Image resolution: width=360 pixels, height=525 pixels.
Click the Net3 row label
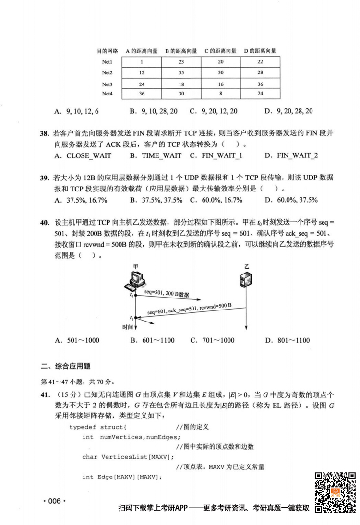pyautogui.click(x=107, y=84)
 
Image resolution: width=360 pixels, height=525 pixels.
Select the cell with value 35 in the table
pyautogui.click(x=181, y=72)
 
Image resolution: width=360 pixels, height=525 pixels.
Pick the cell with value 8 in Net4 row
pyautogui.click(x=220, y=94)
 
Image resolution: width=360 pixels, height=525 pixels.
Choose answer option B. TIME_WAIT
pyautogui.click(x=156, y=155)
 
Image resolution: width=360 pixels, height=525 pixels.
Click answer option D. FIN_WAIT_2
pyautogui.click(x=291, y=155)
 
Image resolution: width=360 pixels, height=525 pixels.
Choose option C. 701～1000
pyautogui.click(x=212, y=340)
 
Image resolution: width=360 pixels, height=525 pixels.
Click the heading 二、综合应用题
pyautogui.click(x=66, y=366)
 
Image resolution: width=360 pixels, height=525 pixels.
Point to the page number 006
pyautogui.click(x=53, y=501)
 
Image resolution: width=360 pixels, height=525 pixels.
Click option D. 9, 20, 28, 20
pyautogui.click(x=288, y=111)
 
